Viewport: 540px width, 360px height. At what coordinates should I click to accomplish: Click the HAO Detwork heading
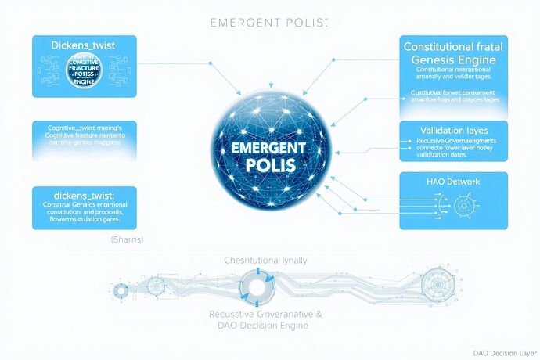pos(452,182)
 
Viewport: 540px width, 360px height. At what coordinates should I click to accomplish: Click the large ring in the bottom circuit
pos(258,286)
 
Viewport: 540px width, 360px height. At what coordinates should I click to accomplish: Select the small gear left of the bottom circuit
pos(121,290)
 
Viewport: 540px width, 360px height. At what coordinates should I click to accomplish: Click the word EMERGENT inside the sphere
pos(271,147)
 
